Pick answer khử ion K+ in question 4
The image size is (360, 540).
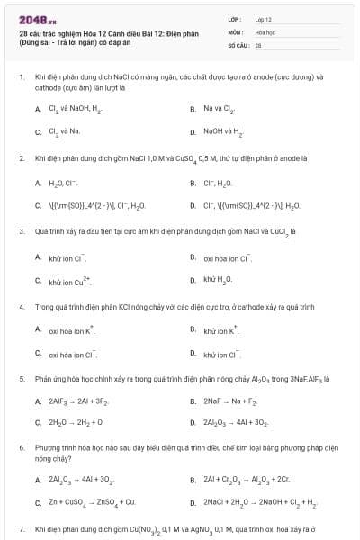220,329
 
